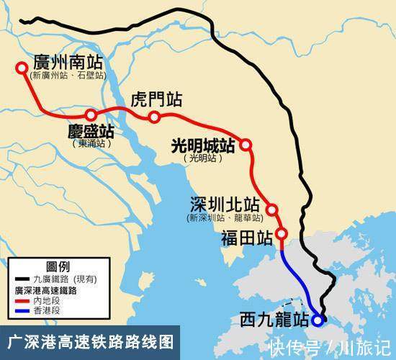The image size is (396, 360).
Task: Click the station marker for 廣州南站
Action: point(22,69)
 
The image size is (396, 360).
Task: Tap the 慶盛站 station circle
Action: point(91,115)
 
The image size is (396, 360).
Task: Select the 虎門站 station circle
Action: point(153,117)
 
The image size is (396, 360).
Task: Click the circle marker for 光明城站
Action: point(246,145)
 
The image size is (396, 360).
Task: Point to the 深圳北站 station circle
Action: point(272,210)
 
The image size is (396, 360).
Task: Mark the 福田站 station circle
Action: point(282,233)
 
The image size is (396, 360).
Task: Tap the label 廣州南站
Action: point(69,61)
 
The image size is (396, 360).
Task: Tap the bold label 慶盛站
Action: point(91,132)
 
